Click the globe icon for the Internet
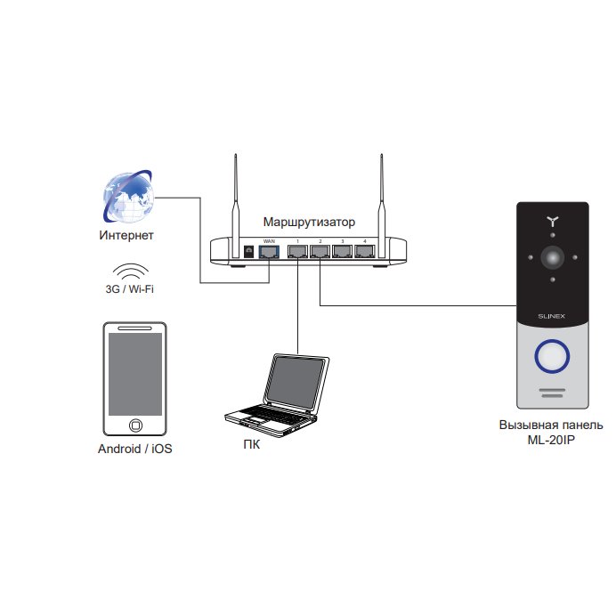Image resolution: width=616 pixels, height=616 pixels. coord(128,197)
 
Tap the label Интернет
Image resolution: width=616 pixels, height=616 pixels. coord(126,235)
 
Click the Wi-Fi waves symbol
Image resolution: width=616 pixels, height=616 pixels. coord(131,272)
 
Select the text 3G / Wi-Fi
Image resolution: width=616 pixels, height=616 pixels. coord(130,289)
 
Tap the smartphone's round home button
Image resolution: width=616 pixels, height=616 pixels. coord(135,426)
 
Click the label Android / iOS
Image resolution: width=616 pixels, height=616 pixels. coord(134,449)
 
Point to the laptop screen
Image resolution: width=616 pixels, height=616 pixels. coord(296,383)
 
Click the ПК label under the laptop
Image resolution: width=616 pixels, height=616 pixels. coord(251,445)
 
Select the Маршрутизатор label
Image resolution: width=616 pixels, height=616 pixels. coord(309,222)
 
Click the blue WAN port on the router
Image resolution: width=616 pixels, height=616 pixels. coord(269,251)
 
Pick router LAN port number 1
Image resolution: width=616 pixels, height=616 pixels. coord(298,251)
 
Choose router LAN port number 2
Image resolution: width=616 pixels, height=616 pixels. coord(320,251)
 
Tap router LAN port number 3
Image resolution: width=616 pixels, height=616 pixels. coord(342,251)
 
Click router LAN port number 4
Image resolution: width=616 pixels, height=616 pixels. coord(365,251)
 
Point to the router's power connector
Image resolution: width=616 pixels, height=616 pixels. coord(248,252)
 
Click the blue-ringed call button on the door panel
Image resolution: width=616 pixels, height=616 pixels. coord(552,356)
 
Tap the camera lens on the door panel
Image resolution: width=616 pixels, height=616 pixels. coord(553,257)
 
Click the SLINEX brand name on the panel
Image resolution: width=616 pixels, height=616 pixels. coord(552,316)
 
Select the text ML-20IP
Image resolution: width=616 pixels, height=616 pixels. coord(551,440)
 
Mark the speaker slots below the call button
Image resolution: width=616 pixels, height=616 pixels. coord(552,393)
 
